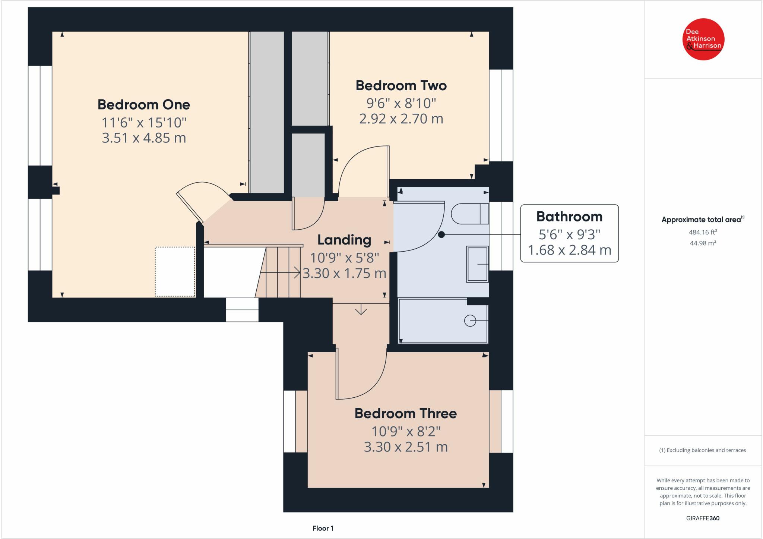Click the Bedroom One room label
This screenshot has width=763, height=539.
(144, 105)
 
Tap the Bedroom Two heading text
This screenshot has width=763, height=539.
(401, 86)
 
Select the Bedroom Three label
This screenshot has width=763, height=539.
(406, 413)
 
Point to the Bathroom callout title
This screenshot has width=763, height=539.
(569, 217)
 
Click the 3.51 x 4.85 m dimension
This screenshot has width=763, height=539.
(144, 138)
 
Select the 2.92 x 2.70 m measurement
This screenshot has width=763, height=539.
(401, 119)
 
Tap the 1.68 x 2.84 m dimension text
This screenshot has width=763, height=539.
(570, 250)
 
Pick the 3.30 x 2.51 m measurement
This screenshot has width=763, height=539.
(406, 447)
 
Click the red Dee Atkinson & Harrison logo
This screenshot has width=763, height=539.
(703, 39)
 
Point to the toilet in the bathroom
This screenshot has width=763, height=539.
(470, 214)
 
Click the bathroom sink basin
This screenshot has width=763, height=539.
(477, 264)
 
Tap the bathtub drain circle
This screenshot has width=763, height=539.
(470, 321)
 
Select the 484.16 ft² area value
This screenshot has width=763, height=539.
(703, 232)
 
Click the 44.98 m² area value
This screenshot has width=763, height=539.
(703, 243)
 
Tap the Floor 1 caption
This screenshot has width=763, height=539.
(323, 528)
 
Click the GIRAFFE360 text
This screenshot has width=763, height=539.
(703, 518)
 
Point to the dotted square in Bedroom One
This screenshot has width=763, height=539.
(175, 272)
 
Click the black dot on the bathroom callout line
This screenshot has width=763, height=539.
(441, 234)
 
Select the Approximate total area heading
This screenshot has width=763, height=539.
(703, 220)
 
